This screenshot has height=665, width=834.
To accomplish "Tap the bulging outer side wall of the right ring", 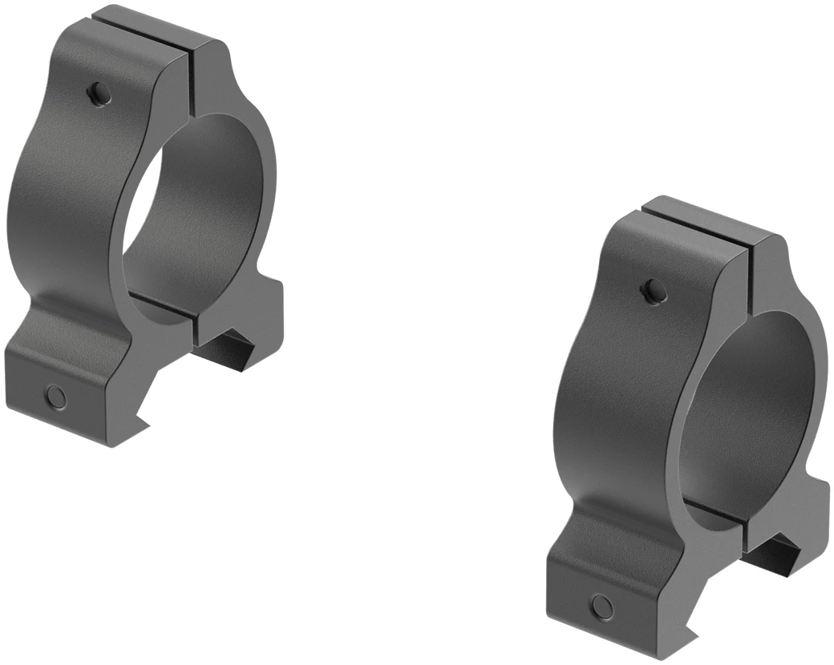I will point(609,401).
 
